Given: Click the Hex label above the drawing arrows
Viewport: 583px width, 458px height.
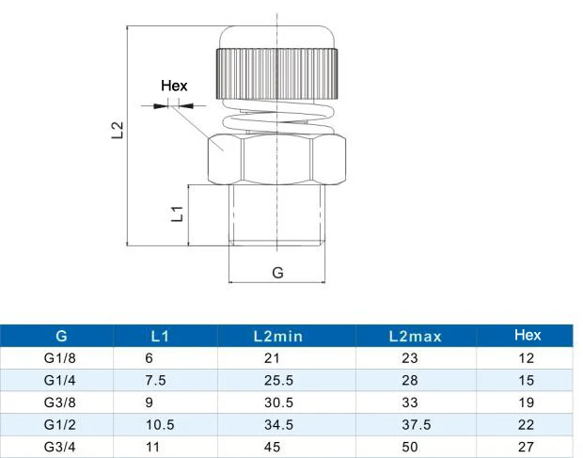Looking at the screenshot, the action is click(x=174, y=86).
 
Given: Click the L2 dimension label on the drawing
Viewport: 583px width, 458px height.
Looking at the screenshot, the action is click(x=118, y=130).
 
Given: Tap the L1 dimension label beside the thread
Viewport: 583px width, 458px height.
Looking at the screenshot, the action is click(x=177, y=213).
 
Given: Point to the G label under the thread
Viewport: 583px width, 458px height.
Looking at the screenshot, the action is click(x=277, y=273).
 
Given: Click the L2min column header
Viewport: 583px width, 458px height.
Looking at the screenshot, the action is click(x=278, y=337).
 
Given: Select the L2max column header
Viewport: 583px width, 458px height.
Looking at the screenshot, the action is click(x=416, y=337).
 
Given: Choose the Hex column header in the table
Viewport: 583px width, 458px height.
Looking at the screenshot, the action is click(x=528, y=336).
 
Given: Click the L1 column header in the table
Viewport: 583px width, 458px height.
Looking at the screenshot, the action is click(x=160, y=337).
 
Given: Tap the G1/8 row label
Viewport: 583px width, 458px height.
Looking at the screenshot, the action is click(x=60, y=358).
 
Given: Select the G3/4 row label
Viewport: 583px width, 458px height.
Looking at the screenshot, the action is click(x=60, y=447).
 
